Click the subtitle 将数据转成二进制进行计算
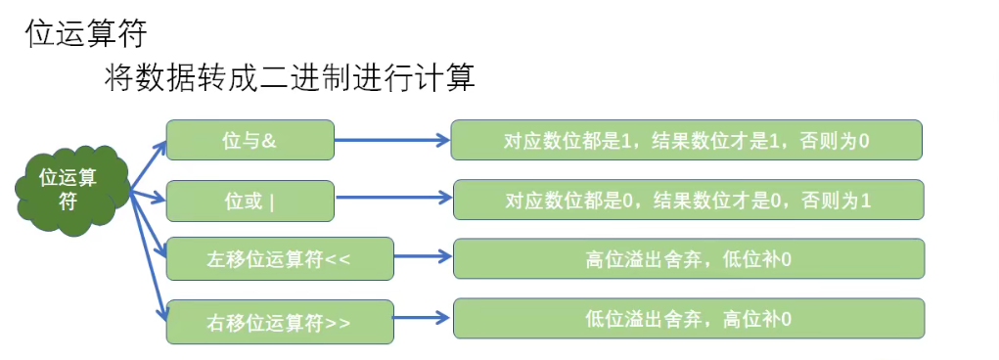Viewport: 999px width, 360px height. pyautogui.click(x=289, y=78)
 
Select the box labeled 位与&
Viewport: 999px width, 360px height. pyautogui.click(x=250, y=141)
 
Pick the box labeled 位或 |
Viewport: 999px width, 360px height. pyautogui.click(x=250, y=202)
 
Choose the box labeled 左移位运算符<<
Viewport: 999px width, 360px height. pyautogui.click(x=280, y=261)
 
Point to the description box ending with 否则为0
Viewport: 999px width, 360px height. pyautogui.click(x=686, y=141)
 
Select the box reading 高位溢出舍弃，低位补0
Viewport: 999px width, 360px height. pyautogui.click(x=688, y=259)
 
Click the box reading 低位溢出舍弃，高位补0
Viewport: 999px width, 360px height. pyautogui.click(x=688, y=319)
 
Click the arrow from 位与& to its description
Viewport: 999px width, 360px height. pyautogui.click(x=391, y=141)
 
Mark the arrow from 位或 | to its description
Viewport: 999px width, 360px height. pyautogui.click(x=391, y=202)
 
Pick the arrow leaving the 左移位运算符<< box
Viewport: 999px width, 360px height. pyautogui.click(x=423, y=258)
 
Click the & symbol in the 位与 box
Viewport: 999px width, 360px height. pyautogui.click(x=270, y=141)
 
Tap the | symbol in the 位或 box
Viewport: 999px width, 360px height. pyautogui.click(x=271, y=202)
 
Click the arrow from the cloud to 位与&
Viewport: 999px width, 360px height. pyautogui.click(x=147, y=165)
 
